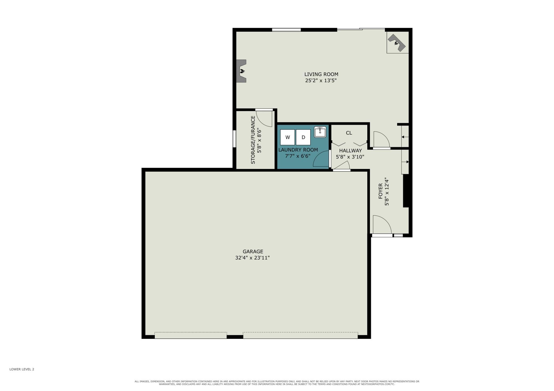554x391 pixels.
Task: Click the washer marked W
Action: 287,137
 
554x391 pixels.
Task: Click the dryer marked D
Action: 303,137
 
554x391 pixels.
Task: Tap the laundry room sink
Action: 320,132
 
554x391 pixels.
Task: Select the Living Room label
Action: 321,74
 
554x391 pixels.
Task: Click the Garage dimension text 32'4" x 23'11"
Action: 252,258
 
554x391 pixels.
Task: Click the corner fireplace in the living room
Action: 397,43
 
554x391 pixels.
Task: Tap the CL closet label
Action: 349,133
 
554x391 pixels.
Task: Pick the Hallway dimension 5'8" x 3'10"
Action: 350,157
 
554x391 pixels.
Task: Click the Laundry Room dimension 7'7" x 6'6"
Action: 298,156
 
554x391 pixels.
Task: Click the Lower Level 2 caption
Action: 22,369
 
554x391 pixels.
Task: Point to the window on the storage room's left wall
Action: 234,139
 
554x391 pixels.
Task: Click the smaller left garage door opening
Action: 191,335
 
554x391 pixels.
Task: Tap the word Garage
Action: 253,251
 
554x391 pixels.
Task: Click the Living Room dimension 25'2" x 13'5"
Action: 321,81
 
